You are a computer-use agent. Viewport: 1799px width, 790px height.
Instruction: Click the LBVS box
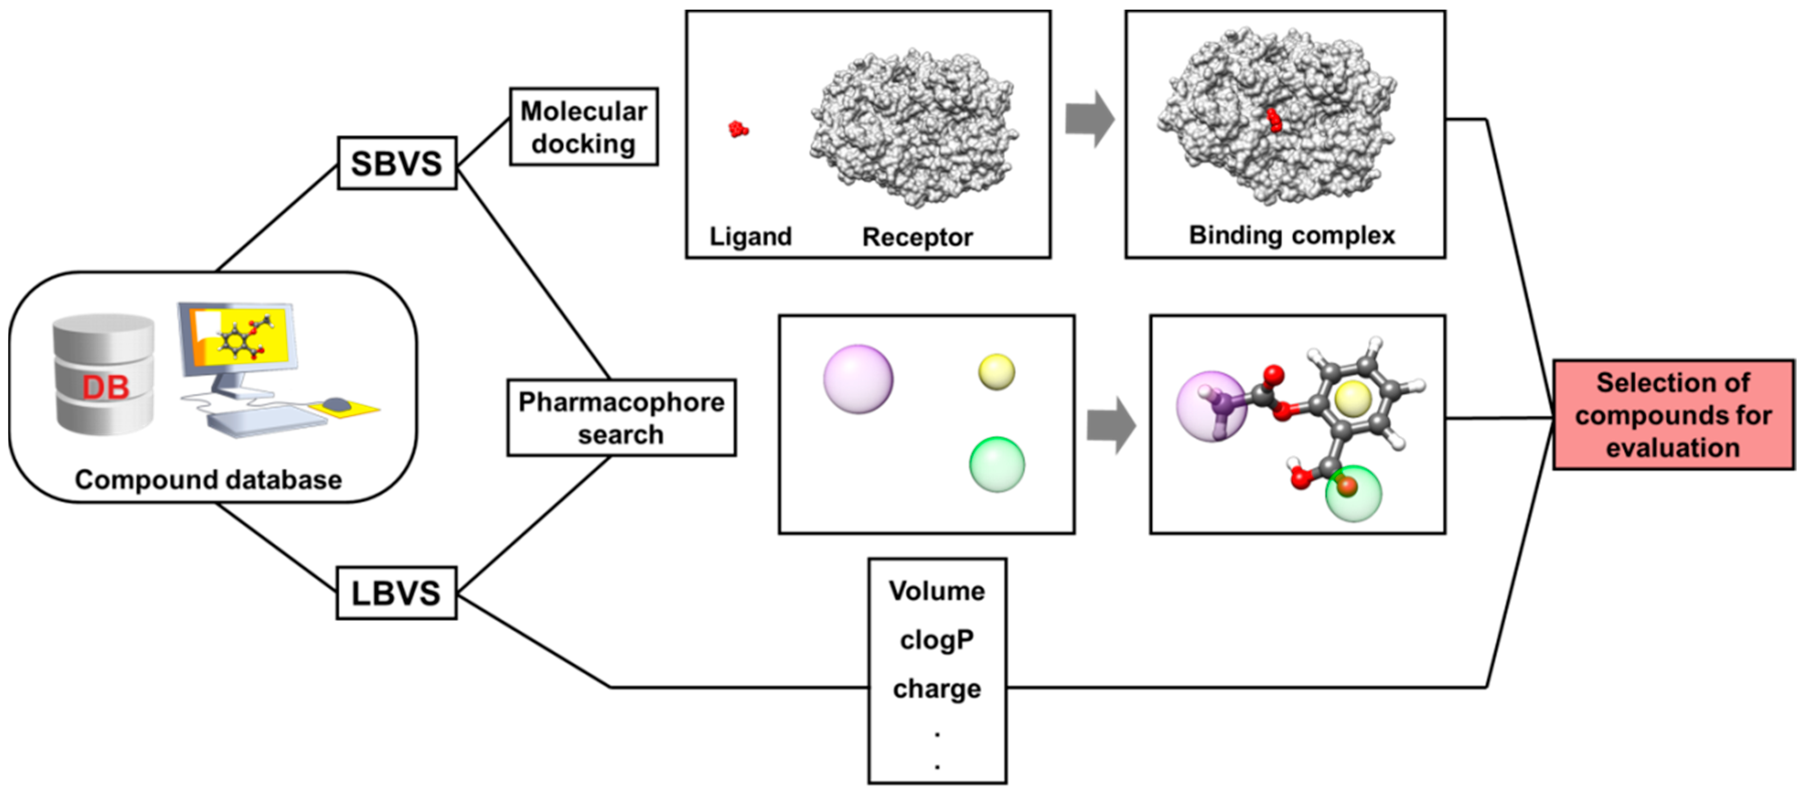tap(396, 593)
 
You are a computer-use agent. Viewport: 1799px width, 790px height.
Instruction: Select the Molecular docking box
tap(584, 126)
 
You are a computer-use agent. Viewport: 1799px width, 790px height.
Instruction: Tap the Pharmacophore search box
tap(621, 418)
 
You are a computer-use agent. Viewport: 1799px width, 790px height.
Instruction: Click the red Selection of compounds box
tap(1673, 415)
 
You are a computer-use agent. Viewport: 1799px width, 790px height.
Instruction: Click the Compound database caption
tap(208, 480)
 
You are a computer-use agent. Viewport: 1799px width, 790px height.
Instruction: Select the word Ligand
tap(750, 237)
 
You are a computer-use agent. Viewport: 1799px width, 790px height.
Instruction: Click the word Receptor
tap(917, 237)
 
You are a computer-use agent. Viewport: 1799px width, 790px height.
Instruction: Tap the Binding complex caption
tap(1291, 235)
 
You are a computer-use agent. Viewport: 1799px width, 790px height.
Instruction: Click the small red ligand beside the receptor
tap(738, 129)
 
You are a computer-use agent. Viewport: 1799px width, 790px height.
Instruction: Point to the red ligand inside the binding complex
tap(1275, 120)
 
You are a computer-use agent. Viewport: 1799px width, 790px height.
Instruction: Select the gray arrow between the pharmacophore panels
tap(1111, 425)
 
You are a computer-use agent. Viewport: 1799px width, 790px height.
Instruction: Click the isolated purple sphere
tap(857, 379)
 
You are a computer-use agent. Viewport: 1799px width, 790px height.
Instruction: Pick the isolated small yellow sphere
tap(996, 372)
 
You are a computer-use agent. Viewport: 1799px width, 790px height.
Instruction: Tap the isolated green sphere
tap(996, 464)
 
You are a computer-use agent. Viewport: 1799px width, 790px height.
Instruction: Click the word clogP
tap(937, 640)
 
